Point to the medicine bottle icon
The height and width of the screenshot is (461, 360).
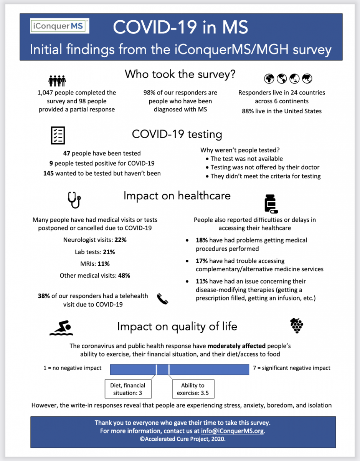tap(271, 204)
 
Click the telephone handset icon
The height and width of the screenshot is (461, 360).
tap(163, 298)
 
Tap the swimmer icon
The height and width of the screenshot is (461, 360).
tap(61, 328)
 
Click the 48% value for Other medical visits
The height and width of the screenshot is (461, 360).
tap(124, 275)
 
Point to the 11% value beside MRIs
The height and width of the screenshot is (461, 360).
tap(104, 264)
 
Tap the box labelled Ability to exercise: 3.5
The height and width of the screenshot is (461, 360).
tap(193, 389)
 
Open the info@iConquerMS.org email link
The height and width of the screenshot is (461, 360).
tap(233, 431)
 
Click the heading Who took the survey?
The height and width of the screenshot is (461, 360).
tap(180, 74)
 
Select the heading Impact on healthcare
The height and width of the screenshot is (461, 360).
tap(177, 196)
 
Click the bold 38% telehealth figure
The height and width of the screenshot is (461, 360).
tap(44, 296)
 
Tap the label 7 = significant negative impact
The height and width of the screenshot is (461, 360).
tap(292, 368)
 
